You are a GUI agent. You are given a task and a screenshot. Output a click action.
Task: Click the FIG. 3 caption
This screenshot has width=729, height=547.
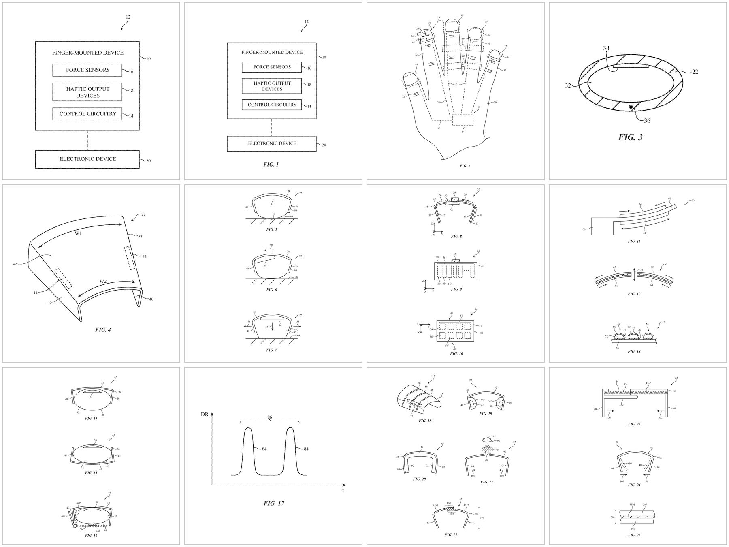[x=630, y=137]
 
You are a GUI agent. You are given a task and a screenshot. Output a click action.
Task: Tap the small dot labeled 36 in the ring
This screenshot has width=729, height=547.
[x=631, y=107]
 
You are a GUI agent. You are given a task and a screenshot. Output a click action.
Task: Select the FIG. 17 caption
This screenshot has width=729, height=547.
[x=273, y=503]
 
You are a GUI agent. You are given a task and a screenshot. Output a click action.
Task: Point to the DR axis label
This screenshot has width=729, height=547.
[x=205, y=415]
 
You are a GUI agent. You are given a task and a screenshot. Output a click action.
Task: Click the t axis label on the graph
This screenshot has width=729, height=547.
[x=343, y=491]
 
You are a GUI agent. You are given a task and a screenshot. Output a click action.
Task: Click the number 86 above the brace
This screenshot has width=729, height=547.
[x=269, y=417]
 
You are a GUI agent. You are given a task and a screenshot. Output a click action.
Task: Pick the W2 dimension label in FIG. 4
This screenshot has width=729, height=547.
[x=104, y=281]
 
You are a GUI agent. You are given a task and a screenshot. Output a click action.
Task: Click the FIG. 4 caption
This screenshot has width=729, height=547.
[x=103, y=330]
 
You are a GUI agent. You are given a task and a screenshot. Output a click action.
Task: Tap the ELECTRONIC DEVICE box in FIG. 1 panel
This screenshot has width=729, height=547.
[x=272, y=143]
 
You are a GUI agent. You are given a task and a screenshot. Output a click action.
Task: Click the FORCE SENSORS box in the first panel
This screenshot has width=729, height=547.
[x=87, y=70]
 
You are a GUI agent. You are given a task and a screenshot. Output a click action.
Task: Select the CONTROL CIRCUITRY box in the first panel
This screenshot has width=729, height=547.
[x=87, y=114]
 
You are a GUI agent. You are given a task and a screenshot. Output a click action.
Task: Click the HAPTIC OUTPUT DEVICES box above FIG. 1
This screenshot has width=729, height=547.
[x=272, y=86]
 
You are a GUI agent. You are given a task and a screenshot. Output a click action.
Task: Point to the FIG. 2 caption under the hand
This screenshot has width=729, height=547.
[x=465, y=166]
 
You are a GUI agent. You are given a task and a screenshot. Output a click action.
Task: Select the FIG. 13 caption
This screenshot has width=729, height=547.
[x=634, y=351]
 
